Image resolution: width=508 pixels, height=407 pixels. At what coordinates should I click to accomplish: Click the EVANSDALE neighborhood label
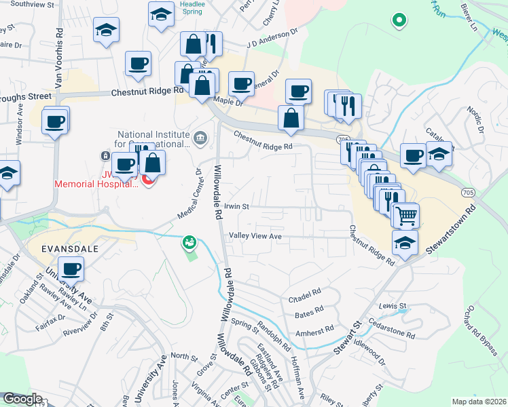coord(69,249)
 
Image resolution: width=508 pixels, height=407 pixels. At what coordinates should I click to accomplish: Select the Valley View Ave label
coord(255,236)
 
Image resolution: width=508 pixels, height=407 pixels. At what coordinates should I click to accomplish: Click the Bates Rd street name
coord(310,315)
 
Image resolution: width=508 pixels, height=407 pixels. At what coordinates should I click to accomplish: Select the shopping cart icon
coord(406,216)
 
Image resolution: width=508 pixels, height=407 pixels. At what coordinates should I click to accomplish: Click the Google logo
coord(22,399)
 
